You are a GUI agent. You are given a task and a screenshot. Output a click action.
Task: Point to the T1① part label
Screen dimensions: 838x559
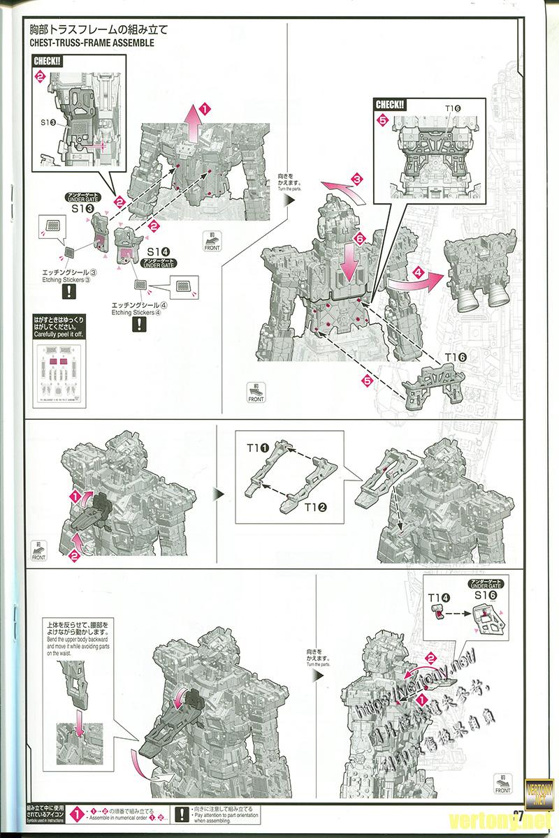tap(258, 443)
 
